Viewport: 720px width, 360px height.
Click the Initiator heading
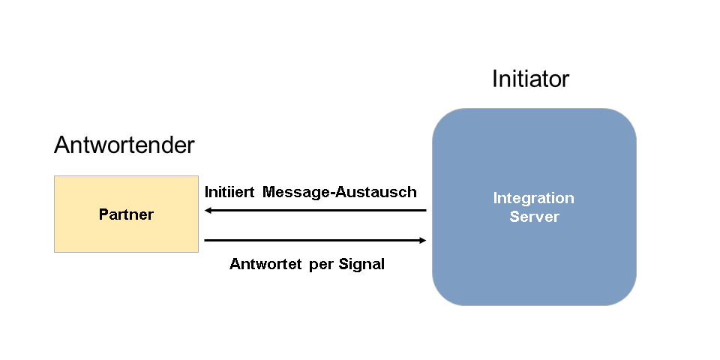point(530,79)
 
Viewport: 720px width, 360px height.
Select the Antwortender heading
point(124,145)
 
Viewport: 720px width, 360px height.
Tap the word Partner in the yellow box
point(126,214)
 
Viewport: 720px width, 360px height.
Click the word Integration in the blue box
point(533,198)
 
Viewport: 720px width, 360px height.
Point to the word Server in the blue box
point(534,217)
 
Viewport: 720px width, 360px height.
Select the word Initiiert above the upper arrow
point(230,192)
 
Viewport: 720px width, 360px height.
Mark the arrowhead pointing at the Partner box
point(208,210)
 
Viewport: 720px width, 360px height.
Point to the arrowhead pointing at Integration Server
point(422,240)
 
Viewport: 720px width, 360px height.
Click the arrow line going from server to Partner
point(315,210)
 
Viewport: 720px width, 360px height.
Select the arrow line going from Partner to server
point(315,240)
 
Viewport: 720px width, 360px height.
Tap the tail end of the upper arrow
point(424,210)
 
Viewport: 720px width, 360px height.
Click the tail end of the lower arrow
point(206,240)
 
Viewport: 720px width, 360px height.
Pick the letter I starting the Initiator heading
point(495,79)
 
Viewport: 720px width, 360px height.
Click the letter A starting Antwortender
point(61,145)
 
